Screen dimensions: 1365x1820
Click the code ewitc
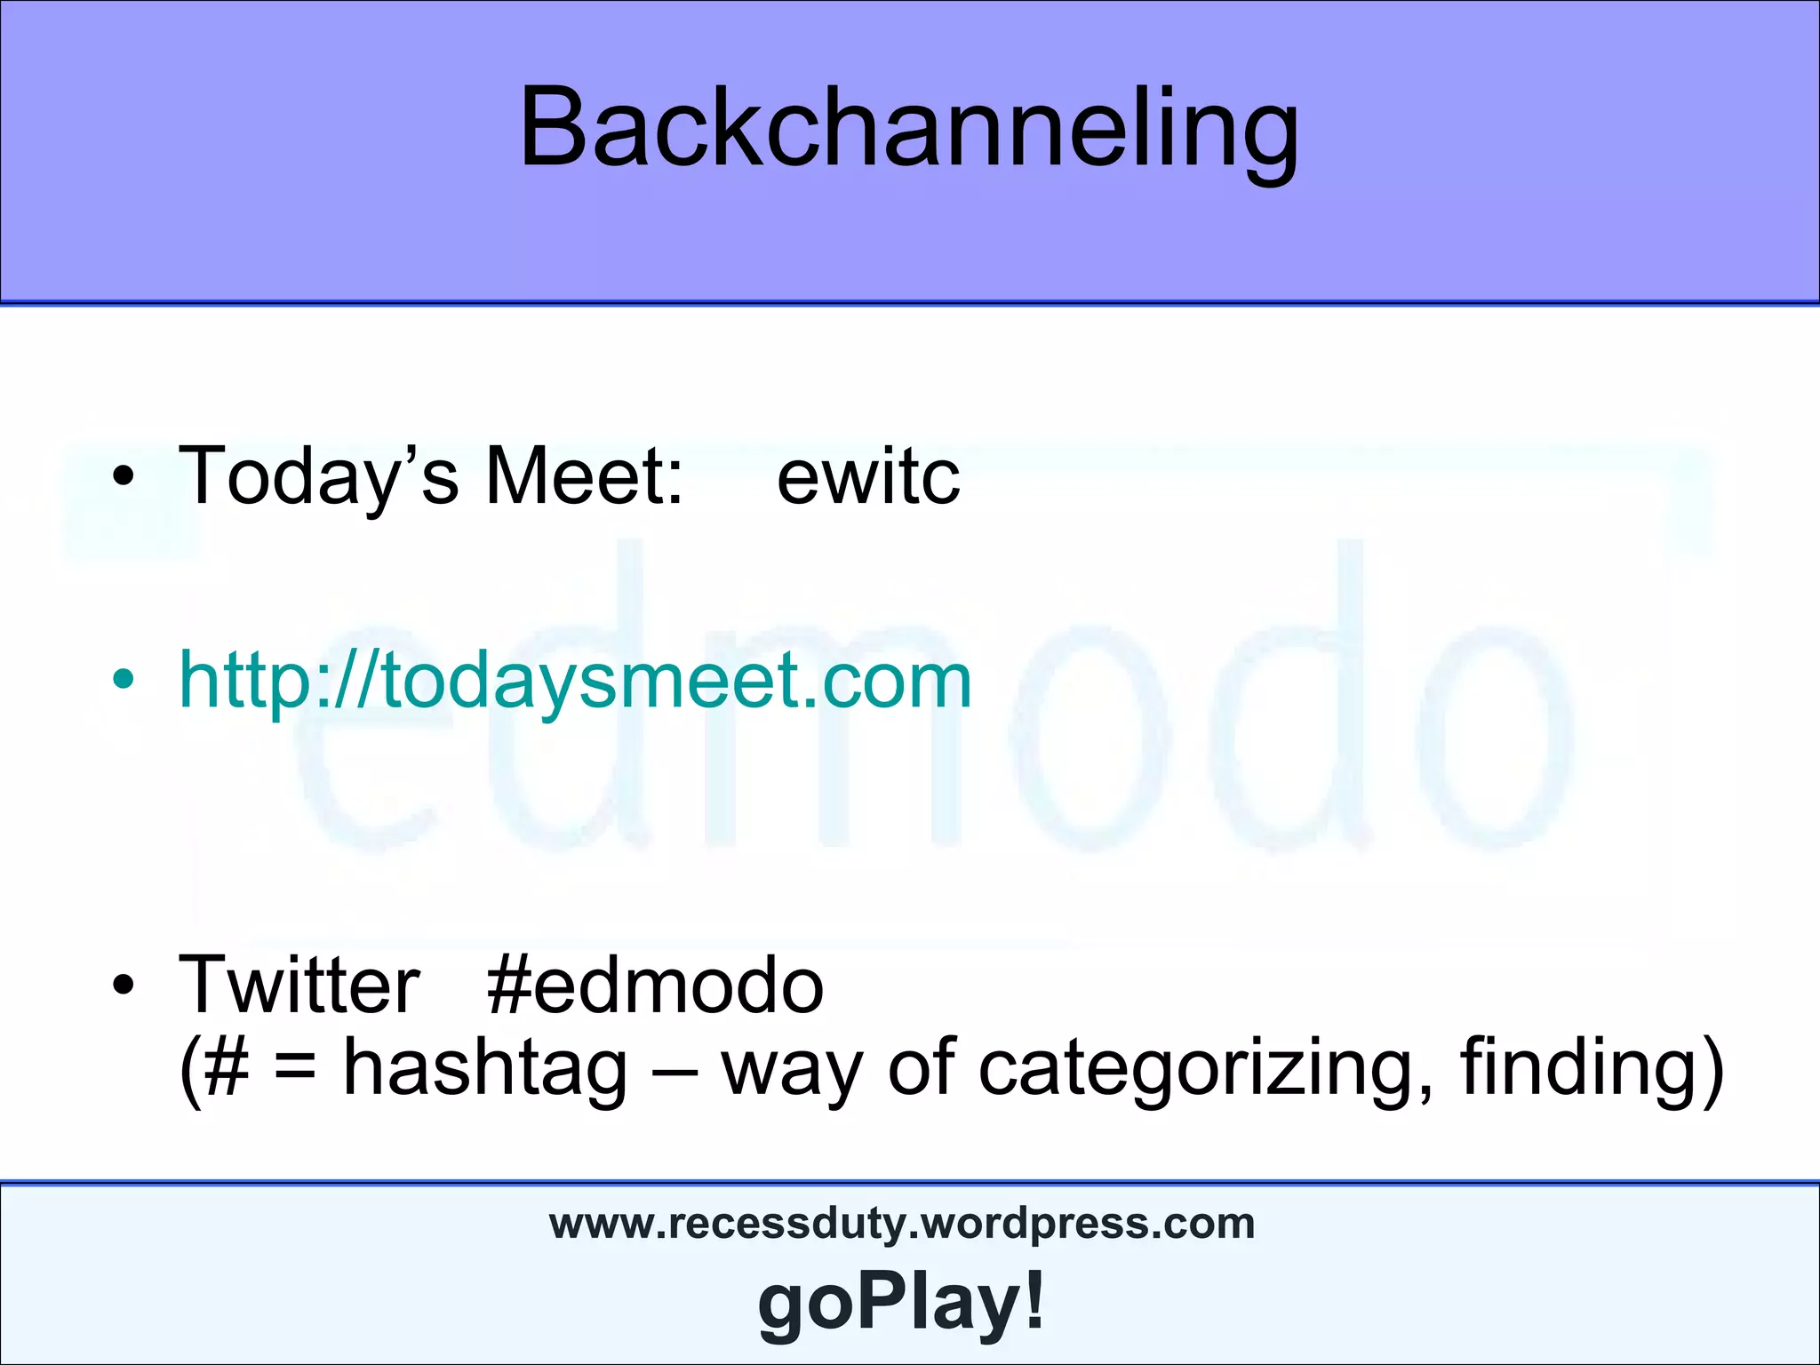tap(868, 477)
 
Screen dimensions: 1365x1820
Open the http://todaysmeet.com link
tap(575, 680)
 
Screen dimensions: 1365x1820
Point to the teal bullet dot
tap(124, 681)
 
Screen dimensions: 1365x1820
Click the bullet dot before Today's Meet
tap(124, 478)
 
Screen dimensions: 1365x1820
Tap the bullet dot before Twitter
tap(124, 986)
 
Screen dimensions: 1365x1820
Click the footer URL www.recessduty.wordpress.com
tap(902, 1223)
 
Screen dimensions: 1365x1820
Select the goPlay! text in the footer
tap(901, 1301)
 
